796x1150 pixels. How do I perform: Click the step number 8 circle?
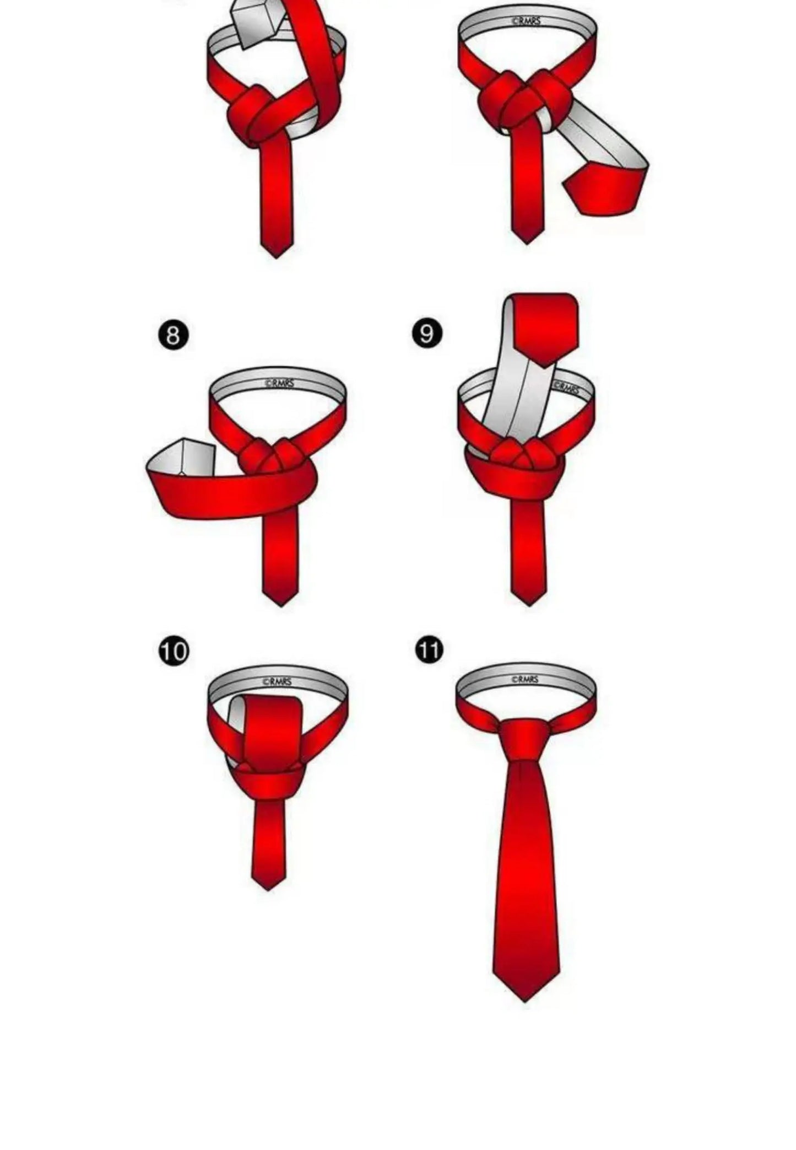coord(174,336)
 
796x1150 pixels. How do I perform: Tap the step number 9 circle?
coord(427,334)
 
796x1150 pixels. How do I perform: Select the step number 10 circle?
coord(174,651)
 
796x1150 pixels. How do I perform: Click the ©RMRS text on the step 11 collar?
coord(524,680)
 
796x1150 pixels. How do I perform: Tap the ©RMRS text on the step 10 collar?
coord(277,682)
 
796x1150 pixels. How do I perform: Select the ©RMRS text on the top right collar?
coord(526,22)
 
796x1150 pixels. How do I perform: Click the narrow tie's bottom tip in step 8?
coord(280,601)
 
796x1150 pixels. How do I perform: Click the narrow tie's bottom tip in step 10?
coord(268,885)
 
